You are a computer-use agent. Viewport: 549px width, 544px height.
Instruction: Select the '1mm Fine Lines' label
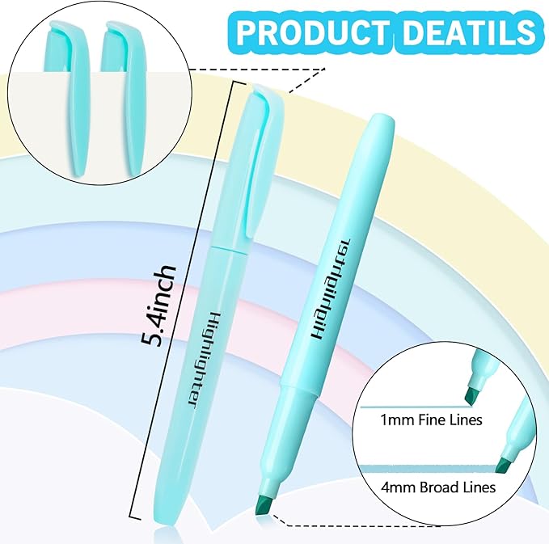click(444, 420)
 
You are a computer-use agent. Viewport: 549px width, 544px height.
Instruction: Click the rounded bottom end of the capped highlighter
click(165, 525)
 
